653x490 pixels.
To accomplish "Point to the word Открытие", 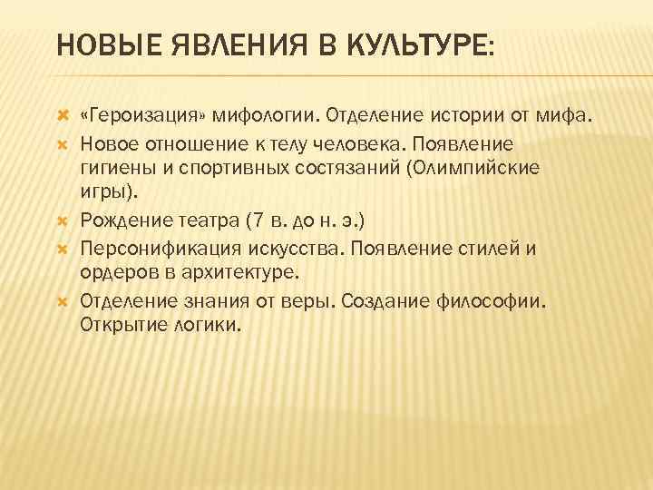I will coord(121,324).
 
